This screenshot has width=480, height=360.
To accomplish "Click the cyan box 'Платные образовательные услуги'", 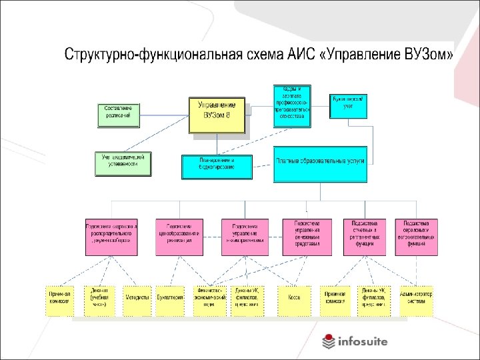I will (x=320, y=164).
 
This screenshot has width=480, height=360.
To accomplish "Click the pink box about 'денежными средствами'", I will (x=306, y=237).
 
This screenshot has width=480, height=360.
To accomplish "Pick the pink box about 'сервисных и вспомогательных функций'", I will (x=417, y=237).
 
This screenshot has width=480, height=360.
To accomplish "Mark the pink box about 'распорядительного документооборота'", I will (x=111, y=237).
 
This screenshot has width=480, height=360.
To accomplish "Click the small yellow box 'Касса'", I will (x=294, y=301).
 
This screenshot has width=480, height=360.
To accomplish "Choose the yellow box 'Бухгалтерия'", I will (x=171, y=301).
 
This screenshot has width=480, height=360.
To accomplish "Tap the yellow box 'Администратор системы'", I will (x=416, y=301).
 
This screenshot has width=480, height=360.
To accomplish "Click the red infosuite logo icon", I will (x=329, y=341).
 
